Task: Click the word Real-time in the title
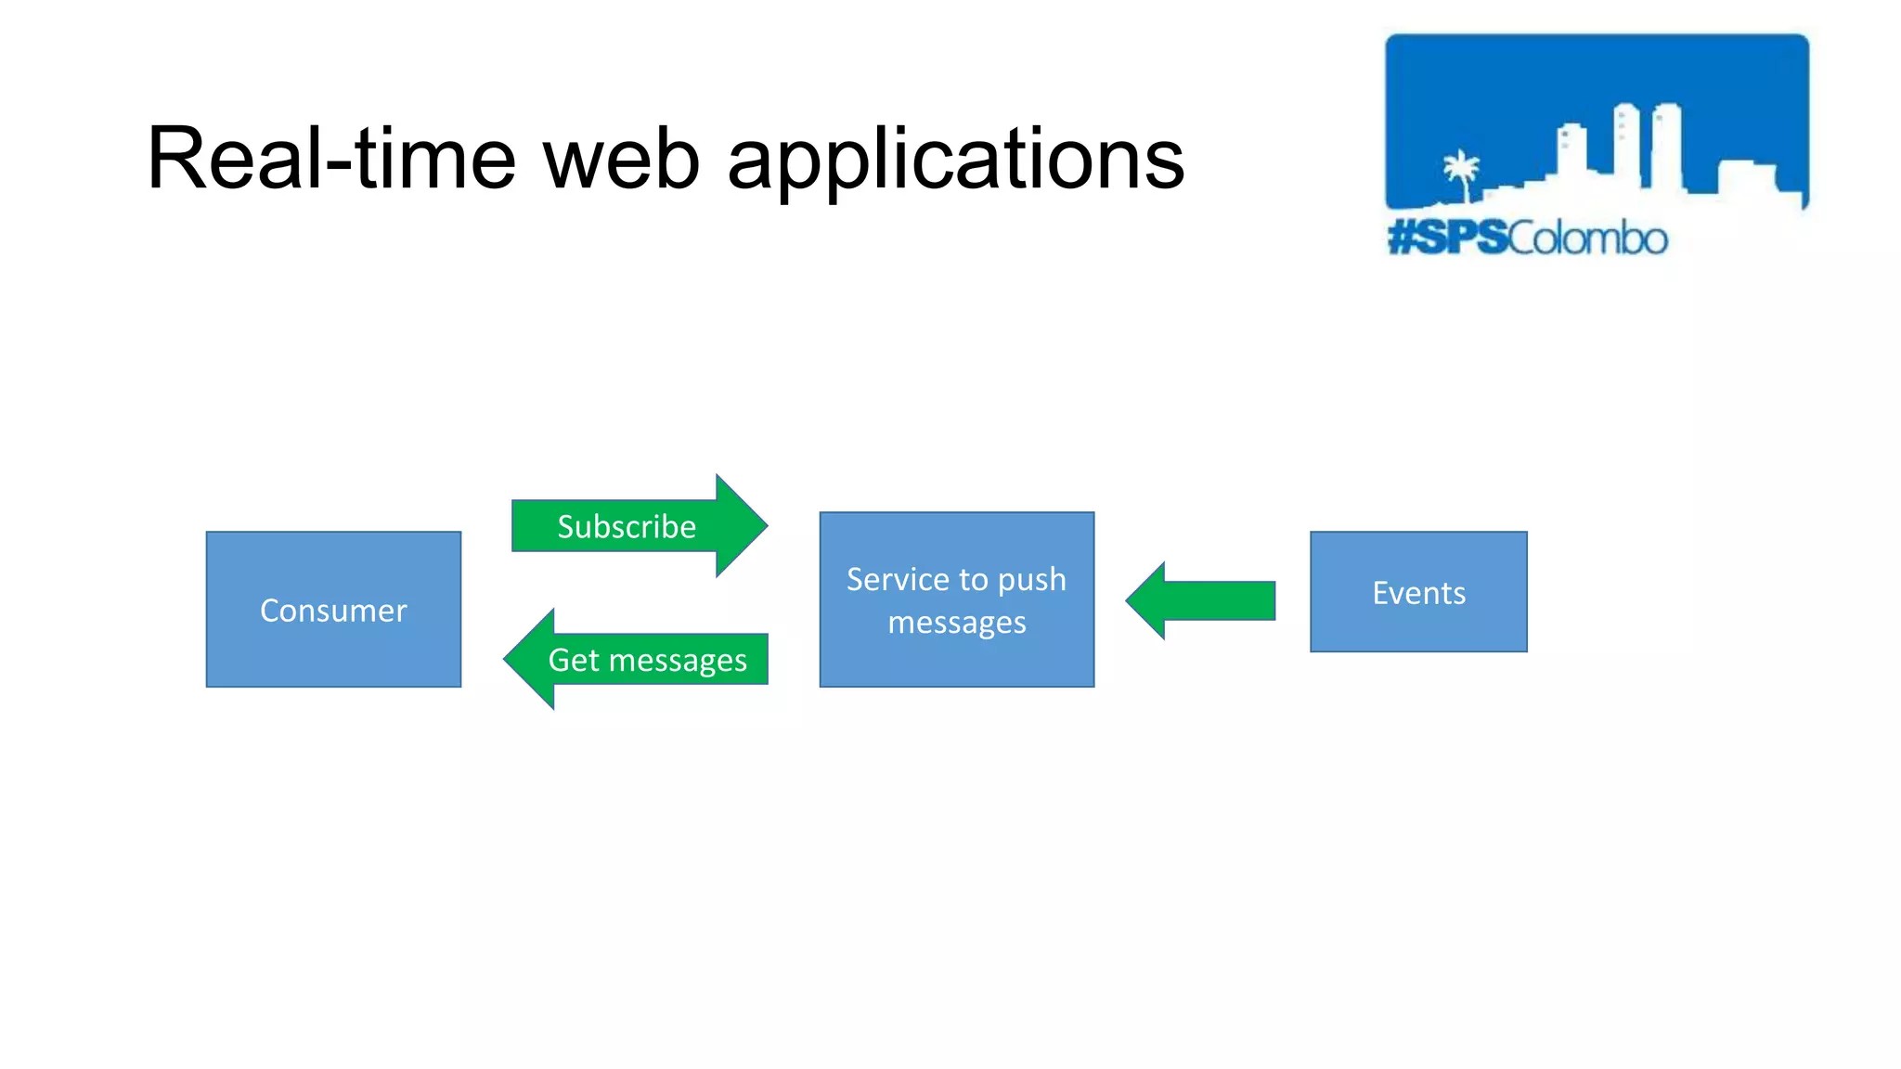330,160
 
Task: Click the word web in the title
620,160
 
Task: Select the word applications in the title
955,160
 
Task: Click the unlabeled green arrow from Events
1207,600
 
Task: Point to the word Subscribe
626,527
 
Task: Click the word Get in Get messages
574,660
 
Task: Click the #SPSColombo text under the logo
1527,238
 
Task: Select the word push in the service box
1031,580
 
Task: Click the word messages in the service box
956,623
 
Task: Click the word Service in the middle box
897,580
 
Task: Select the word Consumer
333,611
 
